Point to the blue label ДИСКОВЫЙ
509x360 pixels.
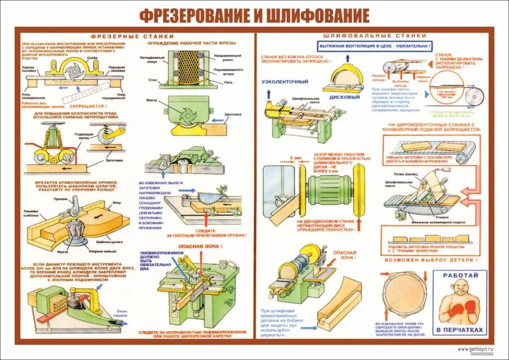pos(344,97)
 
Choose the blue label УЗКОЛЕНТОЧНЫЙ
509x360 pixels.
pos(284,82)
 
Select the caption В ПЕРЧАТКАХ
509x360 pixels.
pos(459,329)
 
